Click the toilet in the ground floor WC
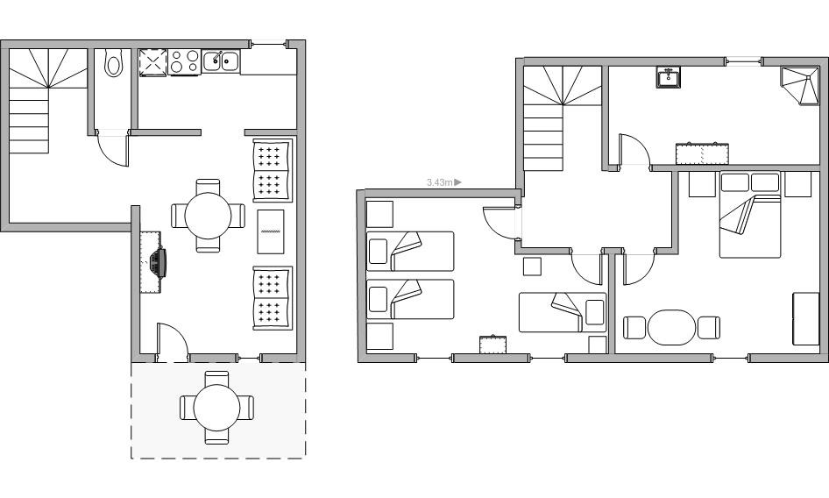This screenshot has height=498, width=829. click(x=113, y=63)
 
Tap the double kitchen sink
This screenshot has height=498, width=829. click(x=222, y=61)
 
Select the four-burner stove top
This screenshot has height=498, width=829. click(x=185, y=61)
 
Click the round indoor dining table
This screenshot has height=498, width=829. click(x=208, y=216)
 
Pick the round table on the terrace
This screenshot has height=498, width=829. click(x=216, y=408)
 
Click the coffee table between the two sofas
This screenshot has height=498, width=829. click(x=271, y=231)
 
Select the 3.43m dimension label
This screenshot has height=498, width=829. click(x=440, y=182)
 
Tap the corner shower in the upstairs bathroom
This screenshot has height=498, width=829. click(x=799, y=85)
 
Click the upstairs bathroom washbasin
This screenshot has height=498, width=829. click(x=669, y=77)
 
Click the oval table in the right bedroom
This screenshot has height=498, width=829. click(x=671, y=328)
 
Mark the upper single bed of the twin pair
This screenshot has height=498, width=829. click(x=410, y=251)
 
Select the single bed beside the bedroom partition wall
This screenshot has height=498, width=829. click(x=562, y=312)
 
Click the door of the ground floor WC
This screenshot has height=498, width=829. click(x=113, y=148)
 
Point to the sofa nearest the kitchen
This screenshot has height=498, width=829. click(x=273, y=170)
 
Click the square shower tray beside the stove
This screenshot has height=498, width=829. click(x=153, y=63)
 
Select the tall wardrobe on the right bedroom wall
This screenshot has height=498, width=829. click(x=805, y=318)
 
